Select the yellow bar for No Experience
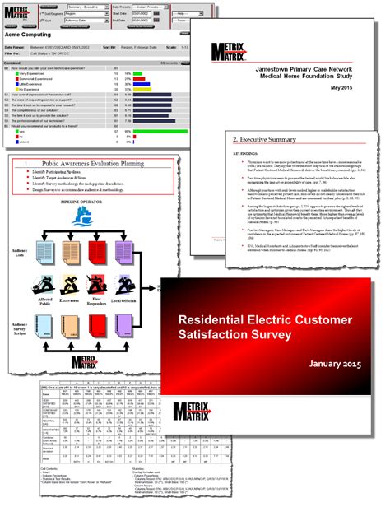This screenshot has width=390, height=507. [136, 89]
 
